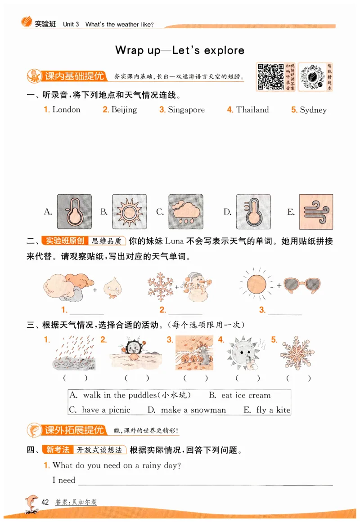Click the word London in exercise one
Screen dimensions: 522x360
click(66, 110)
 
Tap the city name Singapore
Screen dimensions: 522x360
click(186, 110)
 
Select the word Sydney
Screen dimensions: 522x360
click(313, 110)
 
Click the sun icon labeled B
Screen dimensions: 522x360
click(129, 211)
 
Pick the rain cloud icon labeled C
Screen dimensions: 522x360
click(185, 211)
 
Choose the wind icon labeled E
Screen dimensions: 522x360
click(316, 211)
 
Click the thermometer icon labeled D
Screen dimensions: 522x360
click(253, 211)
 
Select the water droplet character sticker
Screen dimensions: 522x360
click(112, 288)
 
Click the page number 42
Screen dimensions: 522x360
click(45, 502)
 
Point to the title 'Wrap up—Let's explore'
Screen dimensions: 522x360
click(180, 50)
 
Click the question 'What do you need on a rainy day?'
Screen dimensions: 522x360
click(117, 465)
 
